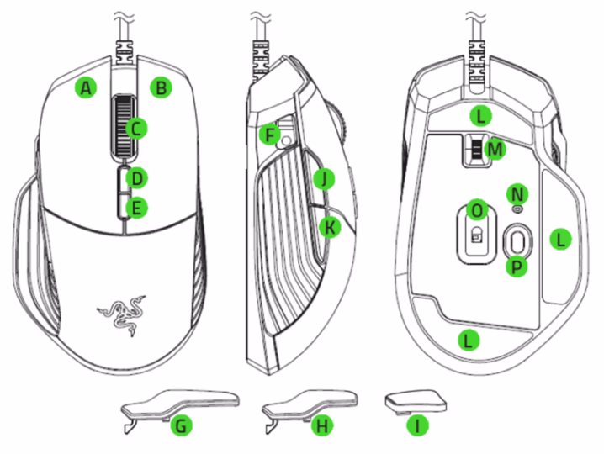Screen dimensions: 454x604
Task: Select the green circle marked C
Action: click(x=135, y=128)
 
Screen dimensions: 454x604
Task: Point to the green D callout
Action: click(x=135, y=177)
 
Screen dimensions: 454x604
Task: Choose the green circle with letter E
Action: click(x=135, y=207)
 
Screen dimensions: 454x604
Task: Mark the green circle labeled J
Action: click(x=322, y=177)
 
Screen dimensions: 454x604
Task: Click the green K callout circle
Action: click(x=331, y=226)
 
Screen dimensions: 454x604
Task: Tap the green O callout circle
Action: click(x=477, y=208)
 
